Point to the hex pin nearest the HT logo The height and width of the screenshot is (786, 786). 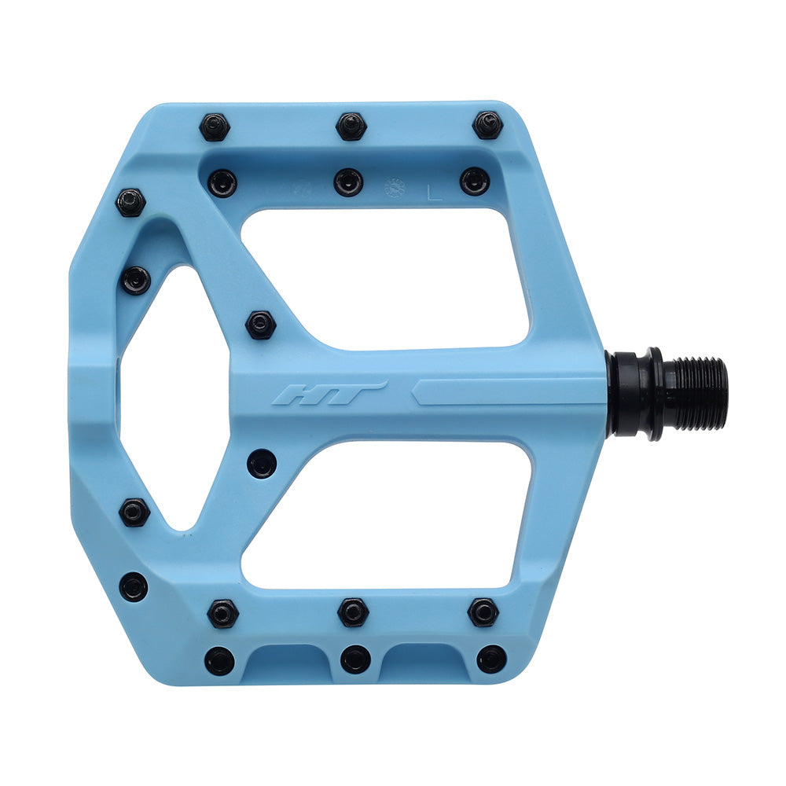pyautogui.click(x=260, y=324)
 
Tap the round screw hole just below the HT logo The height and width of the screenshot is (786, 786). pyautogui.click(x=262, y=463)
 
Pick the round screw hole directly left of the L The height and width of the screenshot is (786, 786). pyautogui.click(x=348, y=182)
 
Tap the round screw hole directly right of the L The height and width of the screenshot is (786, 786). pyautogui.click(x=474, y=182)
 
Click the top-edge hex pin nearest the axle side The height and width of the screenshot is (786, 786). pyautogui.click(x=487, y=125)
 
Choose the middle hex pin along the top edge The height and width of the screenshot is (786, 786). pyautogui.click(x=351, y=126)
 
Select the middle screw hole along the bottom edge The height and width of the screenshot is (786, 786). pyautogui.click(x=355, y=659)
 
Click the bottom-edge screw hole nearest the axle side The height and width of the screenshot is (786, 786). pyautogui.click(x=491, y=659)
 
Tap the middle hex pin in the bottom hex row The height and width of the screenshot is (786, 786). pyautogui.click(x=353, y=612)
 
